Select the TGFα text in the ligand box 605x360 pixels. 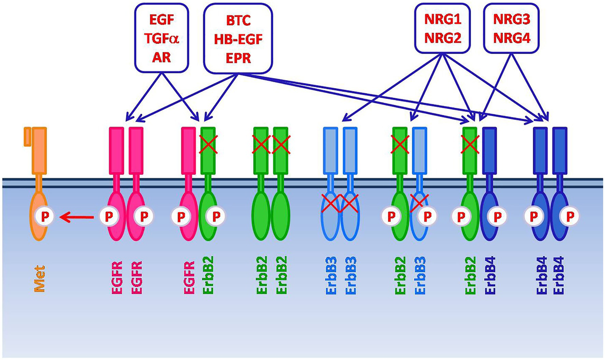pos(161,40)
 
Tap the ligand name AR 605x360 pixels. pos(161,57)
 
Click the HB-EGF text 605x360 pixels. pos(238,40)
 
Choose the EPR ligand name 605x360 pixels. pos(238,57)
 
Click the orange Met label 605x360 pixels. pos(39,279)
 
